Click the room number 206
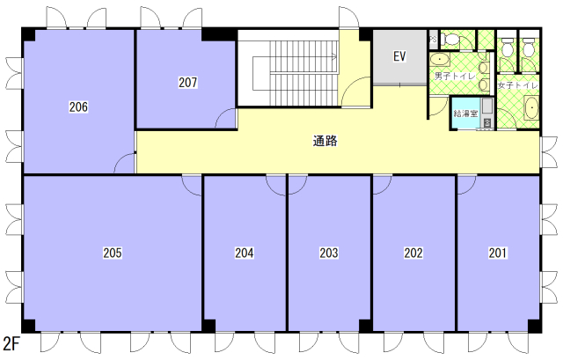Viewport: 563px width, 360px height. coord(78,107)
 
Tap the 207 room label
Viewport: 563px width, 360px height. coord(187,82)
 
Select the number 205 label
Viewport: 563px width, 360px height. coord(113,253)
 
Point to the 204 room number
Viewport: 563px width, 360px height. coord(245,253)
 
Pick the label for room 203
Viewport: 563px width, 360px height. coord(329,253)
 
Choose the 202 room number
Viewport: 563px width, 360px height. coord(413,253)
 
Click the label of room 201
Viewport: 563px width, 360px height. coord(498,253)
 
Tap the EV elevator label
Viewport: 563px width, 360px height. coord(399,56)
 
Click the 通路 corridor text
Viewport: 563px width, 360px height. coord(325,141)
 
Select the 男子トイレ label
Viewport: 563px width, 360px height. coord(455,77)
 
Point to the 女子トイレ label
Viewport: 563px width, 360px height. coord(517,85)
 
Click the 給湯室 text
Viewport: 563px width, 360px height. coord(465,114)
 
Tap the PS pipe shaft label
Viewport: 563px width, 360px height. coord(434,39)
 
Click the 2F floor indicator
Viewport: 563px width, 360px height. coord(11,343)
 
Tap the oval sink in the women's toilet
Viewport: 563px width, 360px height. coord(531,107)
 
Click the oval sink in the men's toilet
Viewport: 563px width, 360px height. coord(440,59)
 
